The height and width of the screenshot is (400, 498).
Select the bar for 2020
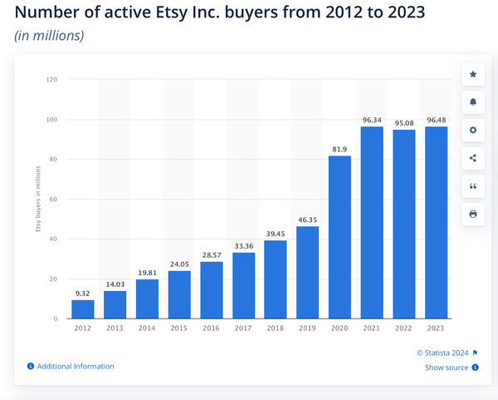(x=340, y=237)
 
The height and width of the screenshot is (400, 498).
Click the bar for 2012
(x=83, y=309)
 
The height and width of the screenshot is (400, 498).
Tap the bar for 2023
(x=437, y=223)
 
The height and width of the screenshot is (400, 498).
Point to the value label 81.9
(x=340, y=149)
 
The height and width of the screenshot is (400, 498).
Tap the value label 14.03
(x=115, y=284)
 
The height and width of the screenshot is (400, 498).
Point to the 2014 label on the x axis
(x=147, y=328)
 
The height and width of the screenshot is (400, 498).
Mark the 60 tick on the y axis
(x=53, y=200)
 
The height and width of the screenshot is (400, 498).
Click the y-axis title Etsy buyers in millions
(x=38, y=200)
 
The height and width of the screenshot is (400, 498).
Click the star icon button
(x=473, y=74)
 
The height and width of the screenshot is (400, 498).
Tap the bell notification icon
(x=473, y=102)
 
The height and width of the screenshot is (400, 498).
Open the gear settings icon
(x=473, y=131)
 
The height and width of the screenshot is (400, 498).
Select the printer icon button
(x=473, y=214)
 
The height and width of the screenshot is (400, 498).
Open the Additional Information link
(x=75, y=366)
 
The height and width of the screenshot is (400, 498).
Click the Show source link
(x=447, y=368)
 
